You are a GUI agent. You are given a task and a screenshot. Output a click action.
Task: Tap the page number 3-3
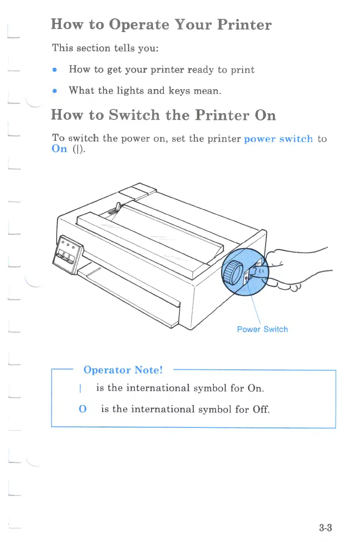tap(325, 528)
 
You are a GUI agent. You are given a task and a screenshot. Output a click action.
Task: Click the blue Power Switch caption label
tap(262, 329)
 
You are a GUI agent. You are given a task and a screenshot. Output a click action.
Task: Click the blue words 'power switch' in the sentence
tap(278, 139)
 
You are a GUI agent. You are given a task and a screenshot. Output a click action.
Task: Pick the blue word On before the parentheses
tap(59, 149)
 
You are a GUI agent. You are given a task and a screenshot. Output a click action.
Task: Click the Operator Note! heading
tap(123, 370)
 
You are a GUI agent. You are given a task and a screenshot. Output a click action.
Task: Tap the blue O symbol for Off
tap(83, 409)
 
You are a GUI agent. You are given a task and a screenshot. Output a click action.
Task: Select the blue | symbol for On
tap(80, 389)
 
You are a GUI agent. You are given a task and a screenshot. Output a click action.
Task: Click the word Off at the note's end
tap(261, 409)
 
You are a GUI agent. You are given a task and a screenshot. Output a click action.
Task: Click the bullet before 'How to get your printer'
tap(54, 70)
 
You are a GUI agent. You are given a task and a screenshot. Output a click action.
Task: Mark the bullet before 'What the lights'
tap(54, 90)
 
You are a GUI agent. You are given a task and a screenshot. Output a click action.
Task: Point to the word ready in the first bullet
tap(200, 70)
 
